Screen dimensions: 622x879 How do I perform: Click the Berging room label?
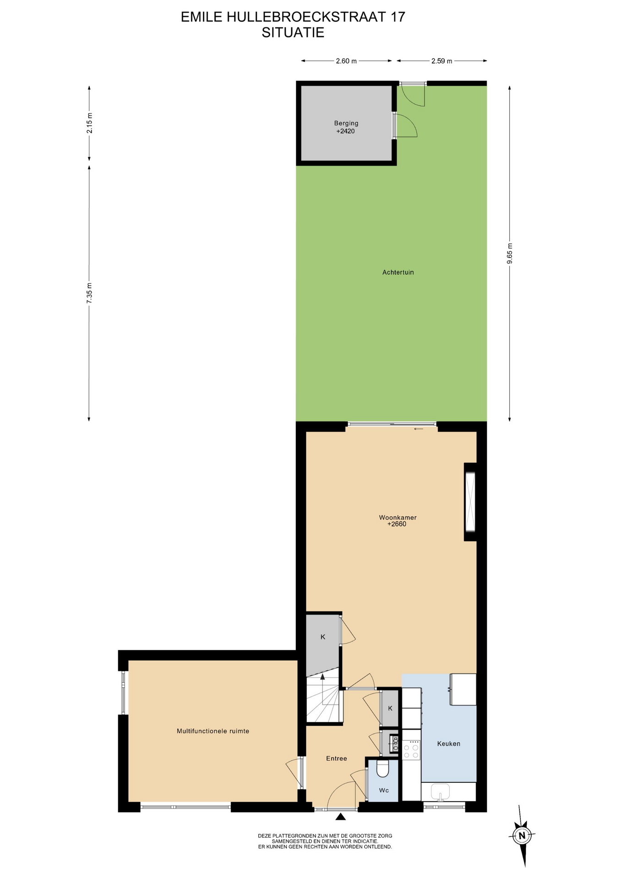(346, 123)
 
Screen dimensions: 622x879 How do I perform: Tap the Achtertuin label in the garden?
(398, 272)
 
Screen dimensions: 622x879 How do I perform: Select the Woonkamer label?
(398, 518)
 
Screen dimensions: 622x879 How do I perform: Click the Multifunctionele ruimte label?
(213, 731)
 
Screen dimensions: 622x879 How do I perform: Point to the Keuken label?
(448, 743)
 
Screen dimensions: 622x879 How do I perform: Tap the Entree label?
(336, 759)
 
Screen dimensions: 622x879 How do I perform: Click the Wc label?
(384, 791)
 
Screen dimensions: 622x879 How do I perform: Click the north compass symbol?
(522, 836)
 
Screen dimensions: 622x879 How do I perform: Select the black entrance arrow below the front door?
(340, 817)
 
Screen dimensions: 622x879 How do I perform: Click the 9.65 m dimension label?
(510, 254)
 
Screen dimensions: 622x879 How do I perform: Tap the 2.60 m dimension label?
(346, 61)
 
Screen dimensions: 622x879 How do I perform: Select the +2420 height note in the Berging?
(346, 131)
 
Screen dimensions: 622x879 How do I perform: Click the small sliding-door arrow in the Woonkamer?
(419, 429)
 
